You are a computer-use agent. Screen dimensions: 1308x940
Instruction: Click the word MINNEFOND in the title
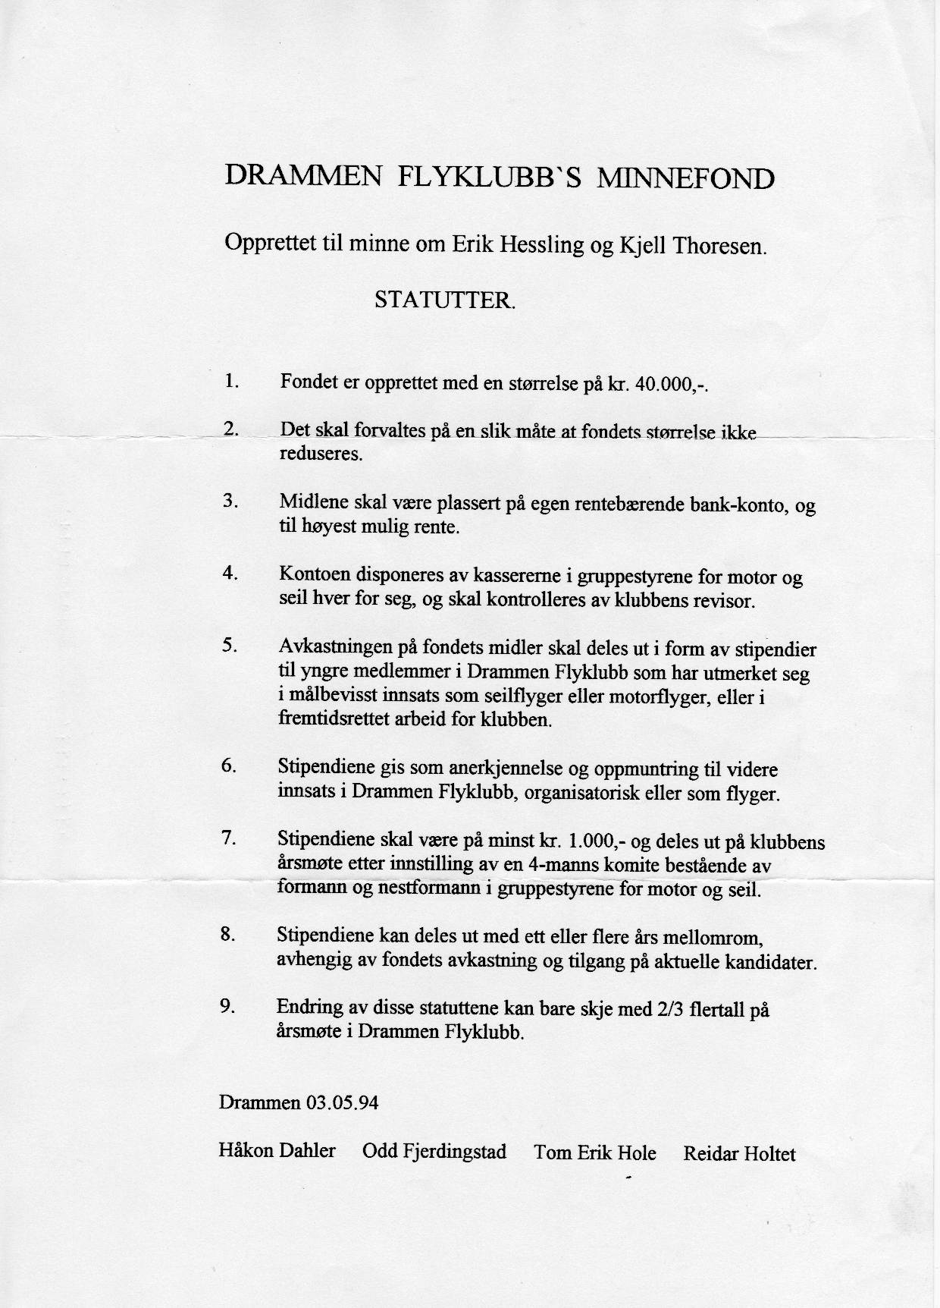point(686,179)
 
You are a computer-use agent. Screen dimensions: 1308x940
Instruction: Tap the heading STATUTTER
point(445,300)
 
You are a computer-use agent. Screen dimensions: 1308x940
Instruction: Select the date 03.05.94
point(342,1102)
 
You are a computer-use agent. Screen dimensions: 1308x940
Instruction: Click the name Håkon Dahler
point(277,1150)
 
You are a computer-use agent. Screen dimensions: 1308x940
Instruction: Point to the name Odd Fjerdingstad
point(434,1152)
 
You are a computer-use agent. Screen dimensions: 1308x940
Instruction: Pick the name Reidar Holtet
point(739,1154)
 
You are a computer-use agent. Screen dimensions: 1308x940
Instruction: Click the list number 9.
point(227,1006)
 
